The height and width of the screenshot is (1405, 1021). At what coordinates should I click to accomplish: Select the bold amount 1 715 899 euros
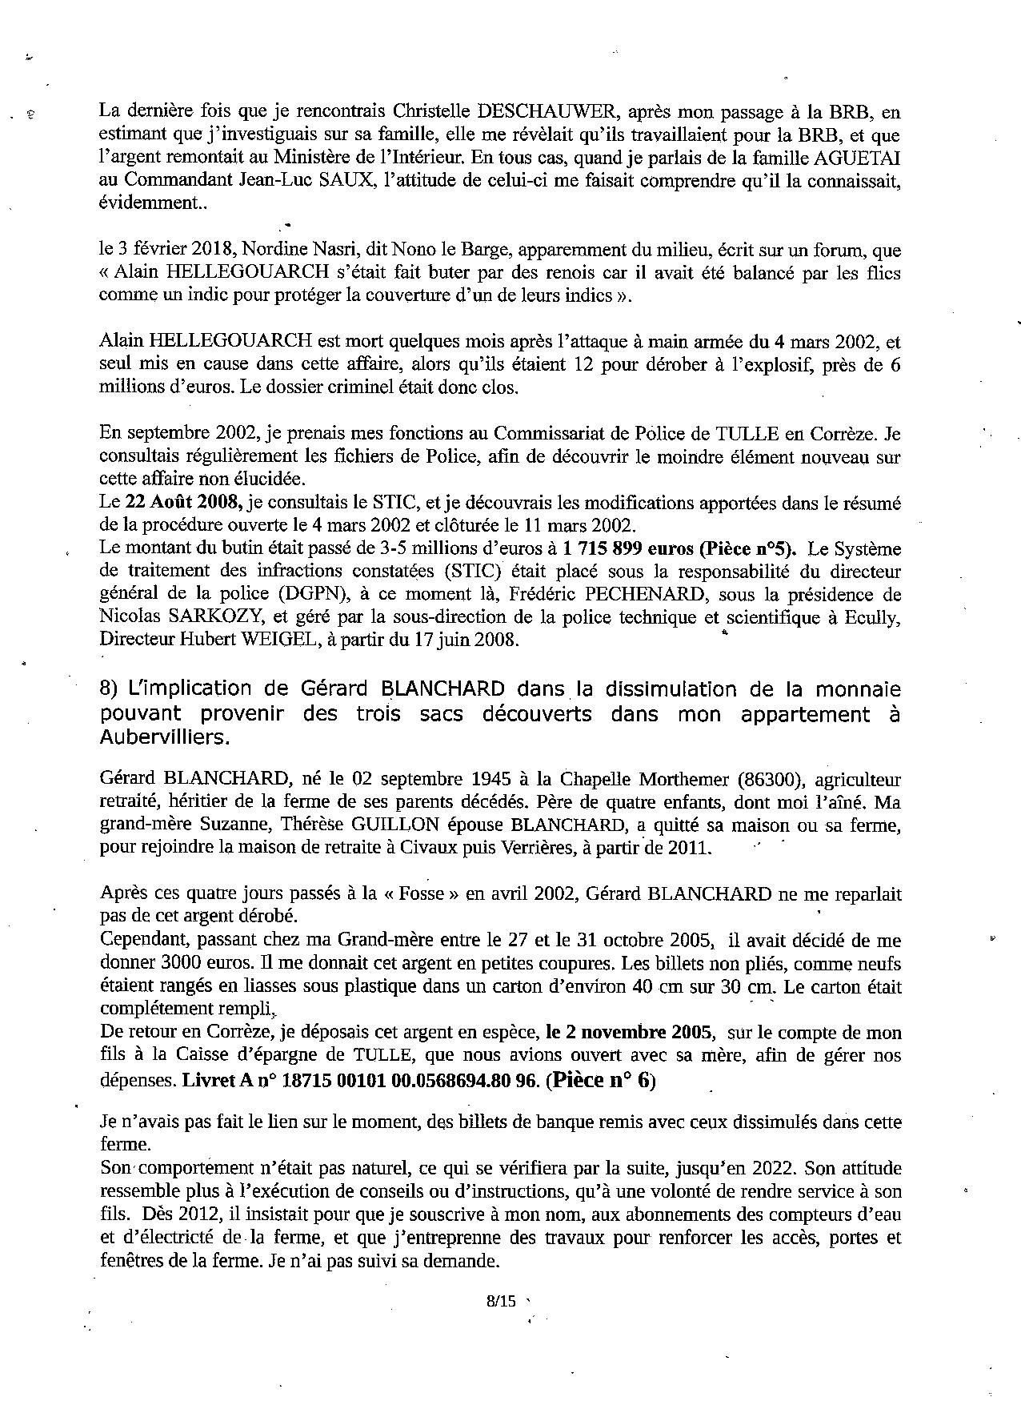pos(629,549)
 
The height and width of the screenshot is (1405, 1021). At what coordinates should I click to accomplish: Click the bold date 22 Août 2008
pos(185,504)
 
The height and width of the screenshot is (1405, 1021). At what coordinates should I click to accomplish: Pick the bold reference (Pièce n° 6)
pos(600,1080)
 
